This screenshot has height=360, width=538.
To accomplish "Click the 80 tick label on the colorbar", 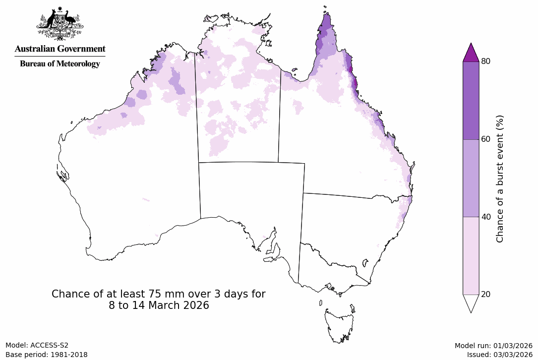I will pyautogui.click(x=486, y=61).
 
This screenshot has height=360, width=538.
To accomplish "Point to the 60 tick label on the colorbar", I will pyautogui.click(x=486, y=139).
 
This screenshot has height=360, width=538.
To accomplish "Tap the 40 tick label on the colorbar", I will pyautogui.click(x=486, y=217).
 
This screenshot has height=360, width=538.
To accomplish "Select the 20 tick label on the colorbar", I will pyautogui.click(x=486, y=295).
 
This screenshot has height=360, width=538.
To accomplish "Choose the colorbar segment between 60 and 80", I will pyautogui.click(x=471, y=100).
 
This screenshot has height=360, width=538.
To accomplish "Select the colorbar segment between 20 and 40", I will pyautogui.click(x=471, y=255).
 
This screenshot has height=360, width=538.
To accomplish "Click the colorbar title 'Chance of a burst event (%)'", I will pyautogui.click(x=500, y=179).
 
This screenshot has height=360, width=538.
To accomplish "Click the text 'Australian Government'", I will pyautogui.click(x=60, y=49).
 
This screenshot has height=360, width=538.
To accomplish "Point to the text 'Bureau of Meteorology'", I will pyautogui.click(x=60, y=63).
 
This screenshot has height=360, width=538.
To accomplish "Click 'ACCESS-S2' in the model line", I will pyautogui.click(x=49, y=346).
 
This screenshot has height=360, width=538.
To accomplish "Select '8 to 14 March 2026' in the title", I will pyautogui.click(x=159, y=305).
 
